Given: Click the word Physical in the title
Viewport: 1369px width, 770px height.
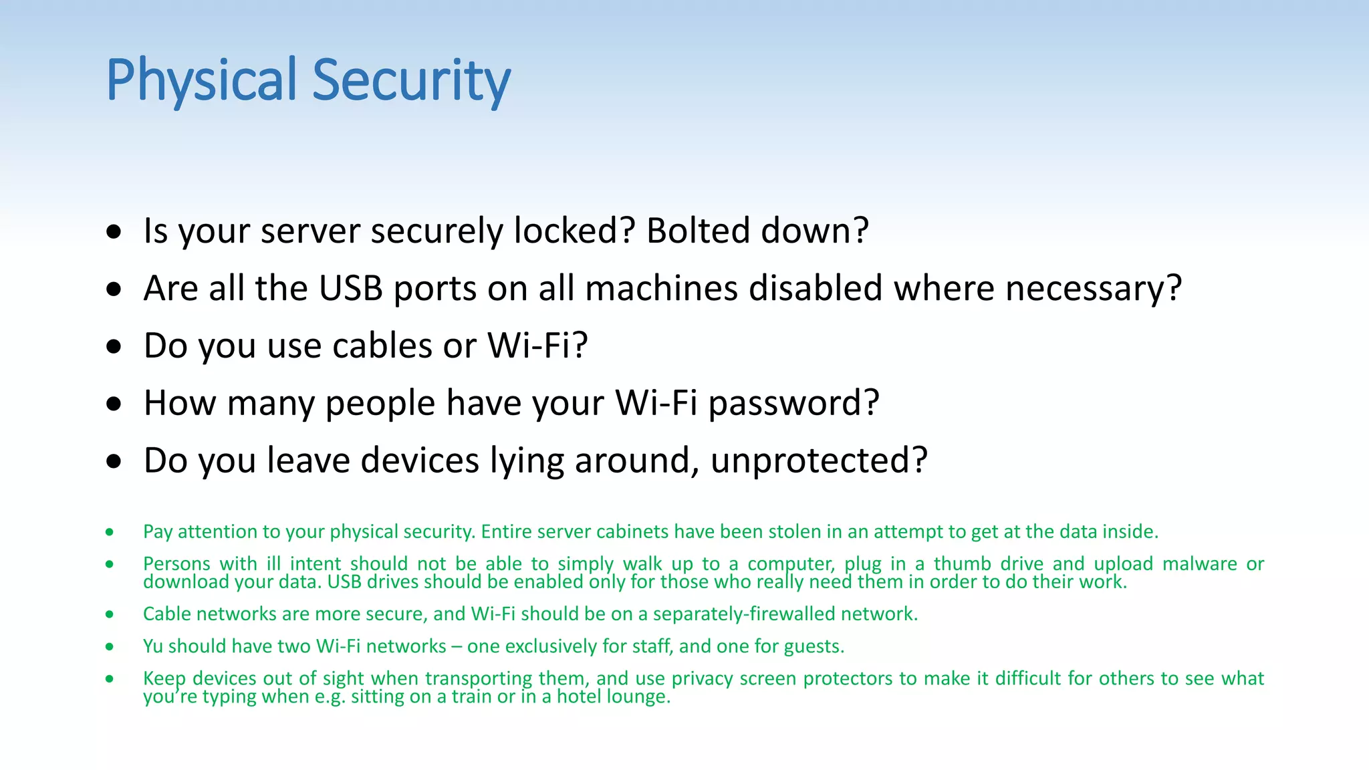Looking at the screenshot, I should pos(201,80).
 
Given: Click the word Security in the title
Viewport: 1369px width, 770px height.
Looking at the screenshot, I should pos(411,80).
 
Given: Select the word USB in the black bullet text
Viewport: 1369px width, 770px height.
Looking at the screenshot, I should pos(350,288).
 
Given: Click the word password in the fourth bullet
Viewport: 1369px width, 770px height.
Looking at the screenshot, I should pos(793,403).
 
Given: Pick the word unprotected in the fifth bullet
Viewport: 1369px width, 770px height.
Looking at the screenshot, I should pos(819,461).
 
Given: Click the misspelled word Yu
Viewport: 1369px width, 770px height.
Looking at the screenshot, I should pos(153,646).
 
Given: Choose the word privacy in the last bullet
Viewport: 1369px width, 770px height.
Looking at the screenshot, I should pos(703,678).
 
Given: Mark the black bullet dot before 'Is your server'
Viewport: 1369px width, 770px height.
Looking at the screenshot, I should pos(114,231).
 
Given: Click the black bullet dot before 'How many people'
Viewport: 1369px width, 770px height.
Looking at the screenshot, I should pos(114,404).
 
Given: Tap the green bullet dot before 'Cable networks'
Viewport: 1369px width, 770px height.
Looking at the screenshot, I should pos(109,614).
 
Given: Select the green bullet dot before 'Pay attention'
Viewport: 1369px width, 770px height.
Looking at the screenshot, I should pos(109,532).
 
